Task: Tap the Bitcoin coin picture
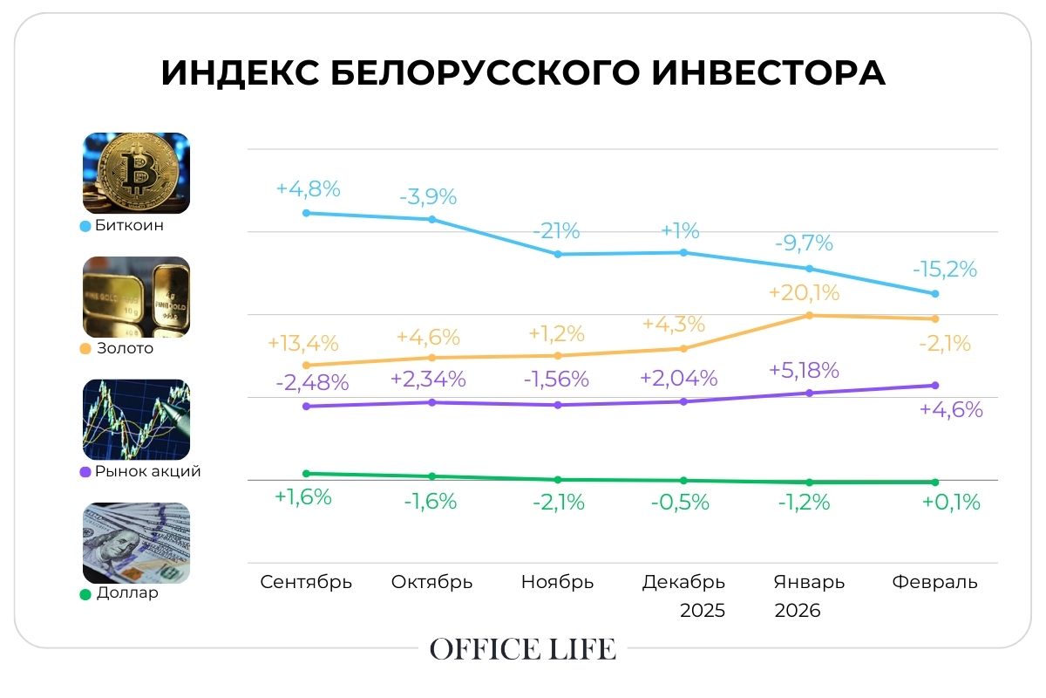pyautogui.click(x=136, y=173)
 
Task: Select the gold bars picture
pyautogui.click(x=136, y=297)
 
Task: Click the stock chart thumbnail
pyautogui.click(x=136, y=420)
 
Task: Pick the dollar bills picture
pyautogui.click(x=136, y=543)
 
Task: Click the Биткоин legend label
pyautogui.click(x=129, y=226)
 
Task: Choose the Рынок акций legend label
pyautogui.click(x=147, y=472)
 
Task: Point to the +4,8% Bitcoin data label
pyautogui.click(x=308, y=189)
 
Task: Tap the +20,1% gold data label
pyautogui.click(x=804, y=292)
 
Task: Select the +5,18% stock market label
pyautogui.click(x=804, y=370)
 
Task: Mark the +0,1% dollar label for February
pyautogui.click(x=950, y=502)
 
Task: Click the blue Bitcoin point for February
pyautogui.click(x=935, y=294)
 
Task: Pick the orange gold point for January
pyautogui.click(x=809, y=315)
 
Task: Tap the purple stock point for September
pyautogui.click(x=305, y=407)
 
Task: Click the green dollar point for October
pyautogui.click(x=432, y=476)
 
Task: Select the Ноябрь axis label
pyautogui.click(x=558, y=582)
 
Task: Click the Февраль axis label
pyautogui.click(x=935, y=582)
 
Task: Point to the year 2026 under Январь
pyautogui.click(x=798, y=611)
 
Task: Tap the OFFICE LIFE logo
pyautogui.click(x=523, y=649)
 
